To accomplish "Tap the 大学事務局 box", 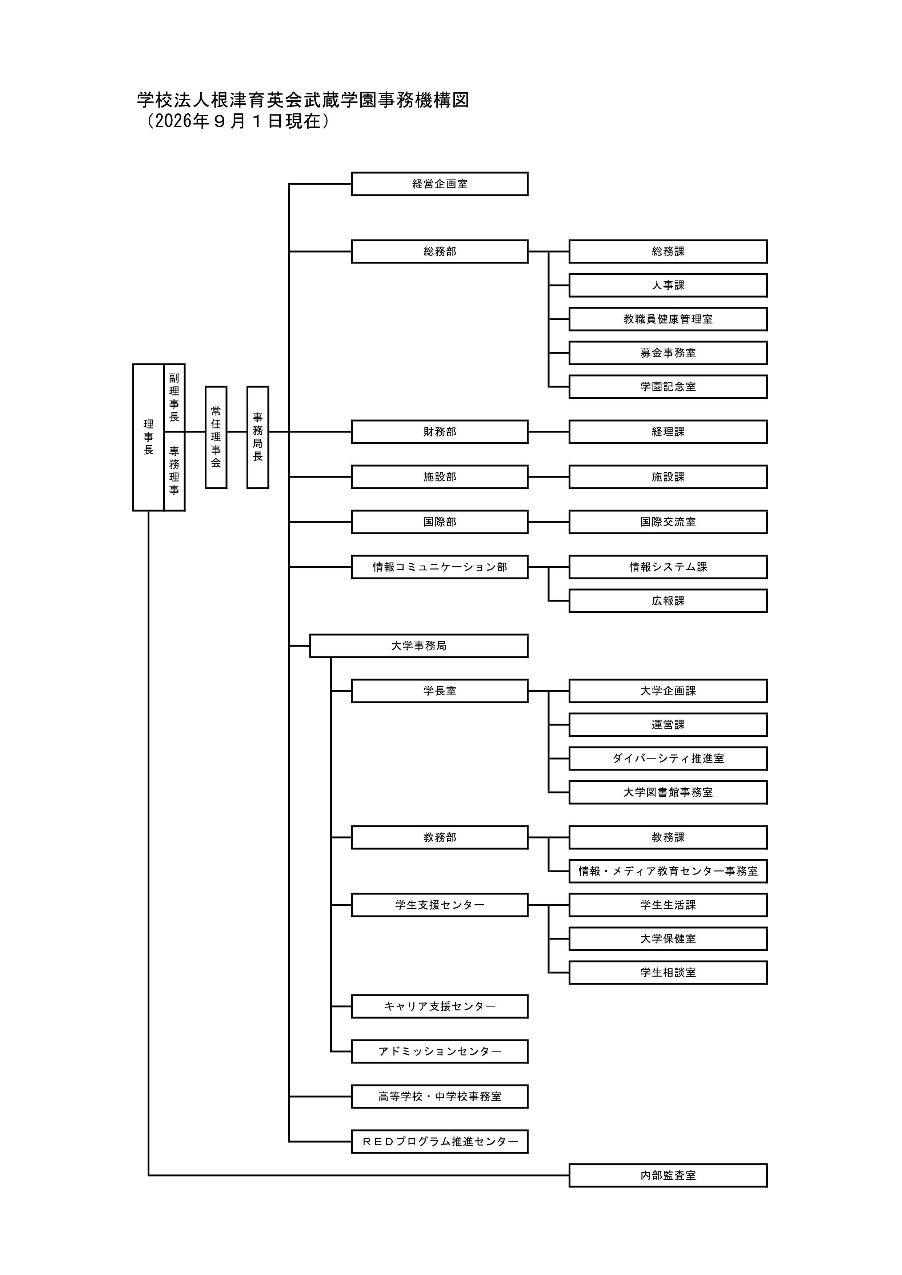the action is point(419,646).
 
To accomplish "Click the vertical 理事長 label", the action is point(148,438).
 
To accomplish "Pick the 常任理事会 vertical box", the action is point(216,438).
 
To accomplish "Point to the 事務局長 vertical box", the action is point(258,438).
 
